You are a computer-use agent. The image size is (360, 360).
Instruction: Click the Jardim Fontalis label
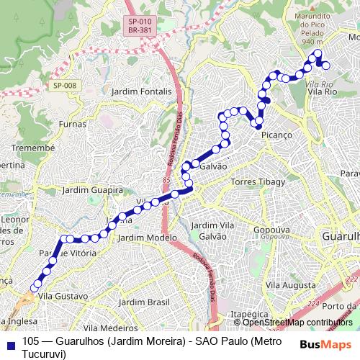point(142,91)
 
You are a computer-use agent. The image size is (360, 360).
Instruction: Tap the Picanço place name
point(276,135)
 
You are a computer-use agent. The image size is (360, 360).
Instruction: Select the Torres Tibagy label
point(258,182)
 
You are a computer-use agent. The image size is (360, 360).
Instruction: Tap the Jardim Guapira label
point(94,190)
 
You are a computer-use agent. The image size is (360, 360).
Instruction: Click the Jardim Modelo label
point(147,238)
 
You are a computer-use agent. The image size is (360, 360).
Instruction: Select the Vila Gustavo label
point(63,296)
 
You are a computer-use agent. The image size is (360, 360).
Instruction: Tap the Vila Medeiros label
point(110,328)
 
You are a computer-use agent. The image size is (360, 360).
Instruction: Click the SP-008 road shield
point(63,86)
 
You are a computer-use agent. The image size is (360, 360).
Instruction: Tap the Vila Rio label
point(320,92)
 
